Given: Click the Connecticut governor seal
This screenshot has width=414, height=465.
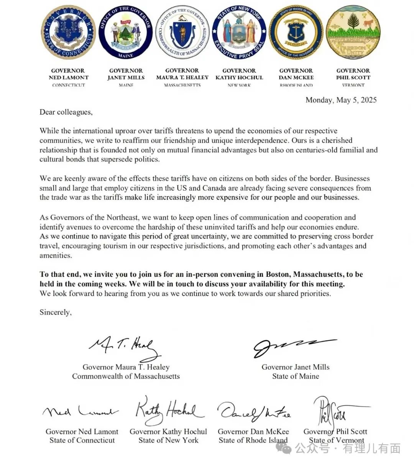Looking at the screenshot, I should (x=68, y=33).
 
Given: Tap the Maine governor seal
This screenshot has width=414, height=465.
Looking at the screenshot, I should (x=126, y=33).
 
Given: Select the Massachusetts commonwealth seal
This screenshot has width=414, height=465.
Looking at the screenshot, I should (x=182, y=33).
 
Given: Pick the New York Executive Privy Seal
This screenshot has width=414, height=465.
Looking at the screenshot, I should (x=239, y=33).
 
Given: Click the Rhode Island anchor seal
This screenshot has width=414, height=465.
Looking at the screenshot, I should (x=296, y=33).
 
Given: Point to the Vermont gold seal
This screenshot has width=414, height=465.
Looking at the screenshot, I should (x=353, y=33).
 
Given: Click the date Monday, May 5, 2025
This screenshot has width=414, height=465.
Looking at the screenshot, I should (x=341, y=100).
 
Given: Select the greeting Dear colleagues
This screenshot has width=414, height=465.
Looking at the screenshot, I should (x=66, y=112).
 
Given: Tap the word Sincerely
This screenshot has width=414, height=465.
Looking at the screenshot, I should (x=55, y=312).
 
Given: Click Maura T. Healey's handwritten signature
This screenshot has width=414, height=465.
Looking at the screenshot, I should (x=124, y=347).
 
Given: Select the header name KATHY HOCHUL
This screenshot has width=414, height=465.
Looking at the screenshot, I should (x=239, y=78).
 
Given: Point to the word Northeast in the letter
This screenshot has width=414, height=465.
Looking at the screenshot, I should (x=121, y=217).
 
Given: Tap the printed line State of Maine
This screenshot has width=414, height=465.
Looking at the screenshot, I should (x=296, y=377).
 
